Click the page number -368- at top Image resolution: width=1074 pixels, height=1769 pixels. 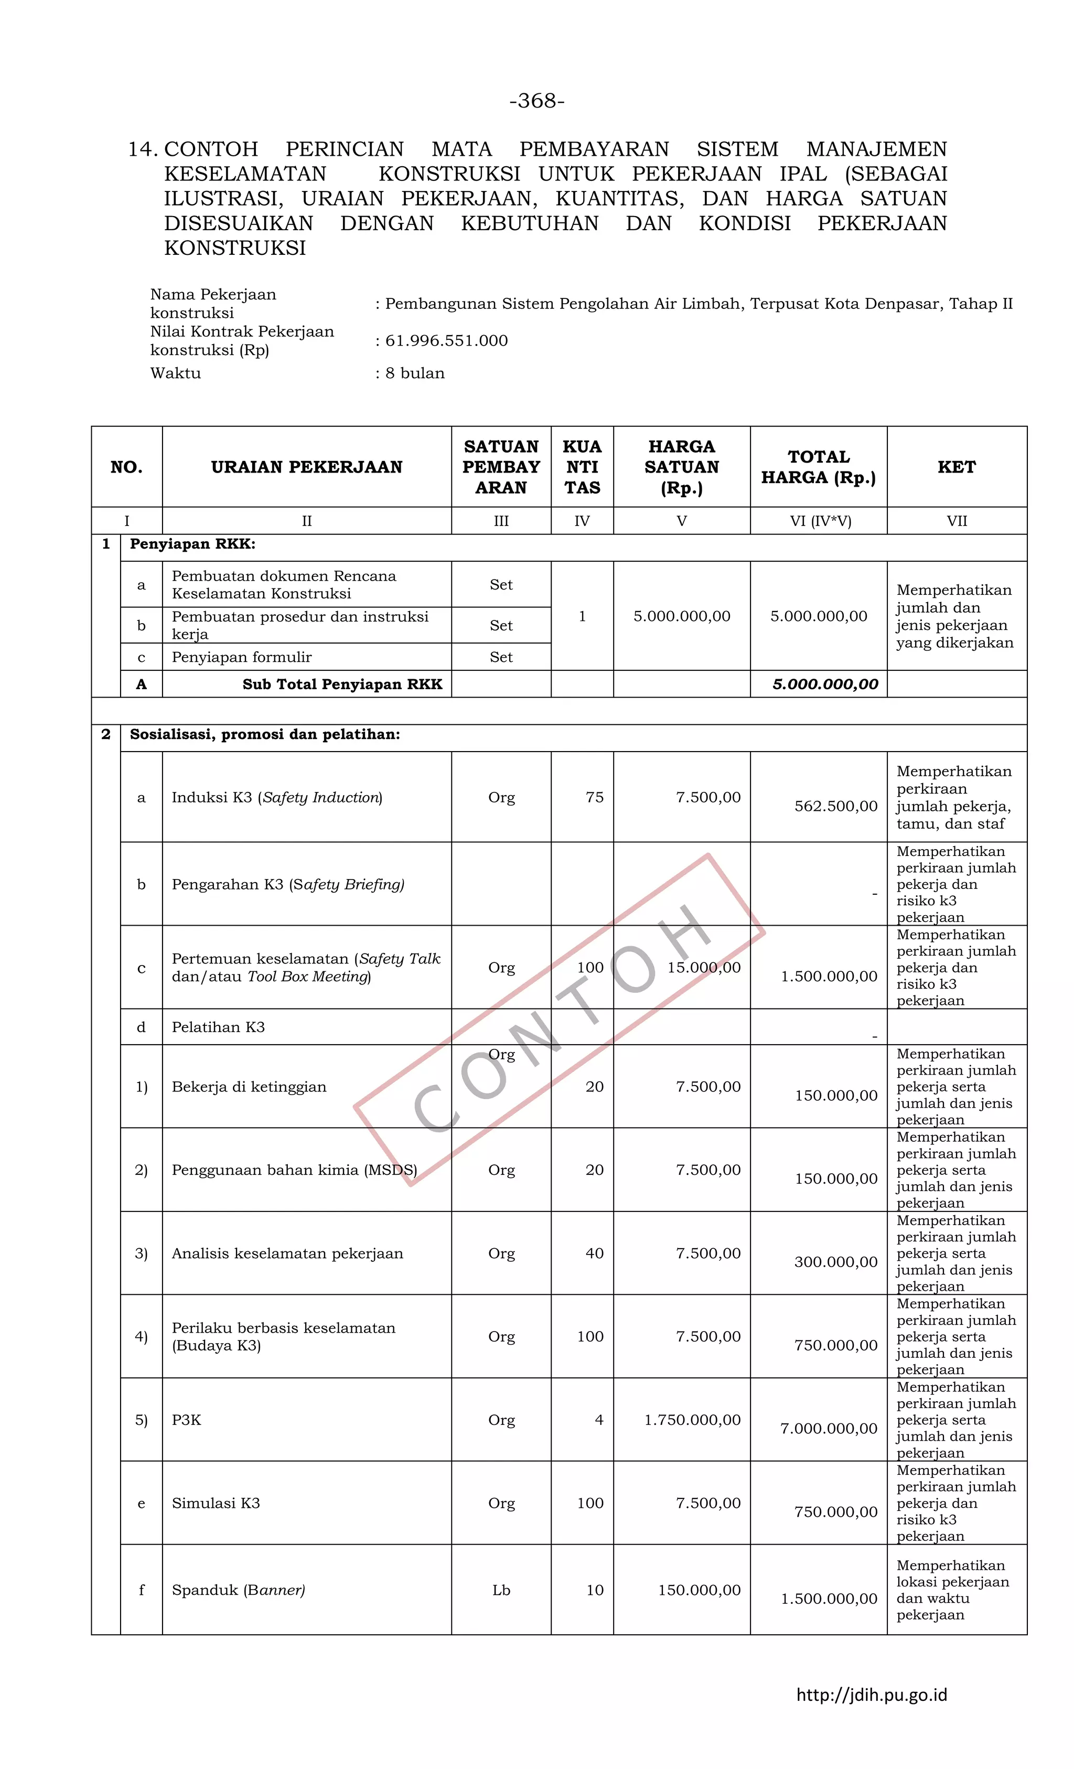(x=536, y=101)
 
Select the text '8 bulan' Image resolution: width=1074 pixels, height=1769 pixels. (x=415, y=373)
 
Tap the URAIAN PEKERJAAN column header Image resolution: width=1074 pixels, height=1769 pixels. (x=307, y=467)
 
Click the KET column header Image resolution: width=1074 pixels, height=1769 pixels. (x=956, y=467)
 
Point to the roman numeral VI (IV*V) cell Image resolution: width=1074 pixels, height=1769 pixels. (x=820, y=521)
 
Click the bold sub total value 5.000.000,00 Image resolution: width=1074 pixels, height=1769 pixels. (x=825, y=684)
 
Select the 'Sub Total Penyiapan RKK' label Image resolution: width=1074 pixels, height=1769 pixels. (x=342, y=684)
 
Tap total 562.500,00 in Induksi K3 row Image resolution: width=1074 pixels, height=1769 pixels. (x=835, y=806)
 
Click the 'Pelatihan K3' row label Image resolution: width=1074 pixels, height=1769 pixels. (x=218, y=1027)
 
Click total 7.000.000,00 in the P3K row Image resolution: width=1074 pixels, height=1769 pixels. (x=829, y=1428)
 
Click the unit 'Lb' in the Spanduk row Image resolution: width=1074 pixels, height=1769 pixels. (x=501, y=1590)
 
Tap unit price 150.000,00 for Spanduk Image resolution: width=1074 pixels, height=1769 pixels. (x=699, y=1590)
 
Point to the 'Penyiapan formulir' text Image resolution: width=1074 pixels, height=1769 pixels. (x=241, y=657)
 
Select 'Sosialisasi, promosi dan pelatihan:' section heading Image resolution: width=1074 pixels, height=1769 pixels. (x=265, y=734)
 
